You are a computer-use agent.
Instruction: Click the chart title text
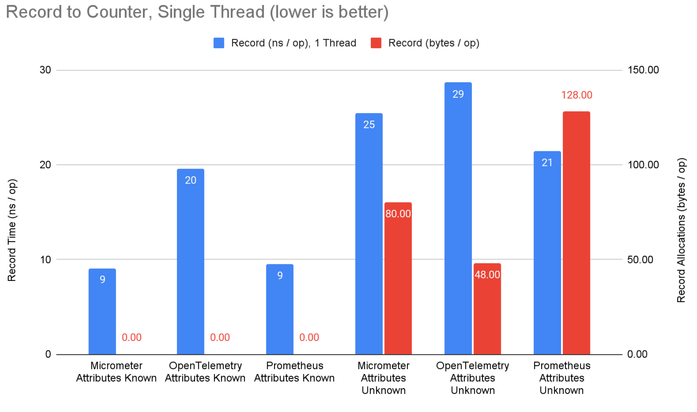tap(197, 12)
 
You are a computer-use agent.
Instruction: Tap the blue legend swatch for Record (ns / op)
tap(219, 43)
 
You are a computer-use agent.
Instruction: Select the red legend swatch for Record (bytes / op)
tap(376, 43)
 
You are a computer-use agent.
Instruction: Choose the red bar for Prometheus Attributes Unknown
tap(576, 233)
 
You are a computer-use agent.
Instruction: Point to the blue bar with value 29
tap(458, 222)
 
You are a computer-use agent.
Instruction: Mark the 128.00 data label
tap(576, 95)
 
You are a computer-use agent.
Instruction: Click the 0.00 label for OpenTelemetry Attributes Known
tap(220, 337)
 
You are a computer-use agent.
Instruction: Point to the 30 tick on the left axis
tap(45, 70)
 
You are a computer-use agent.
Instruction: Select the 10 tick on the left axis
tap(45, 260)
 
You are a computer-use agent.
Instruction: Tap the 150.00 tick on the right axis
tap(643, 70)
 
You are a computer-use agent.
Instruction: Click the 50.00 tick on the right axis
tap(640, 260)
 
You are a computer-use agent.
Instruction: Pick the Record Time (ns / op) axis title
tap(12, 230)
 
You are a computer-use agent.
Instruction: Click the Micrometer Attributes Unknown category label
tap(383, 378)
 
